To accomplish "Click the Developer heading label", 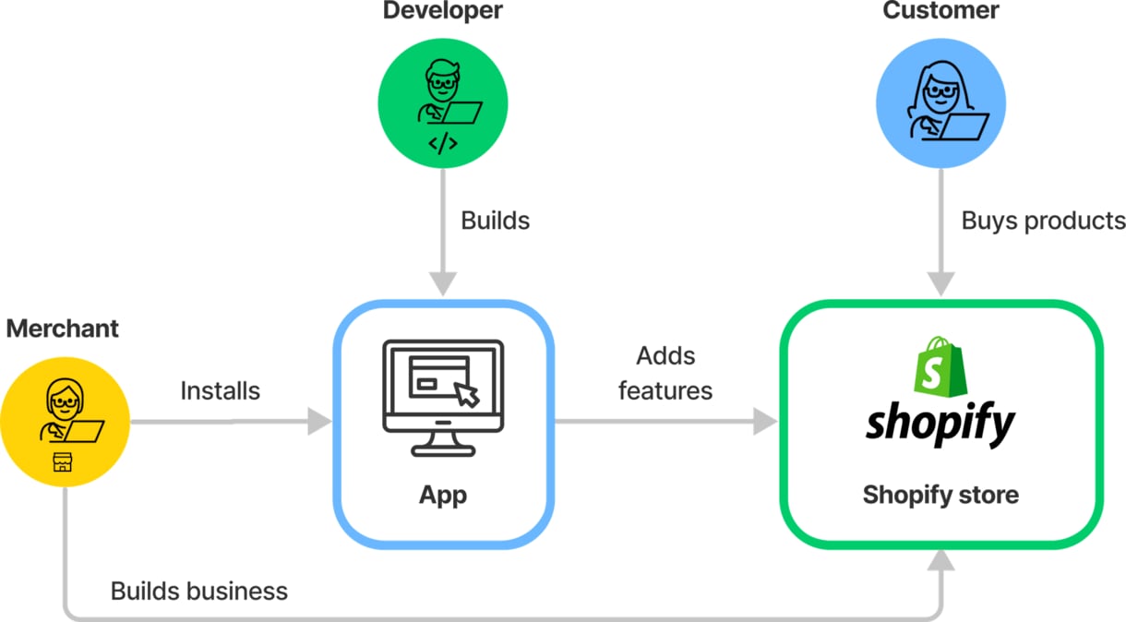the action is pos(442,10).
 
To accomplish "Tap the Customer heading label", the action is pos(940,10).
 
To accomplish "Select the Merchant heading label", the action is pos(63,329).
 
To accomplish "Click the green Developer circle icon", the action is pos(442,103).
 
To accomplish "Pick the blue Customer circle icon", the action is pos(940,103).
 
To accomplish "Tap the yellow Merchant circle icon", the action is pos(65,422).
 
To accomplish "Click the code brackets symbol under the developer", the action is pos(443,144).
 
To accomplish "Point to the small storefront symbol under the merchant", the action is pos(63,462).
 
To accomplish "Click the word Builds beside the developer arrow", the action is pos(495,221).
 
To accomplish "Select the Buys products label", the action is pos(1043,221).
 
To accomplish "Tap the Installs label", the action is pos(221,391).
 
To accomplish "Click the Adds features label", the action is pos(665,374).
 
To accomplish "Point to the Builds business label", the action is pos(199,592).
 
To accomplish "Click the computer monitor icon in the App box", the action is pos(443,398).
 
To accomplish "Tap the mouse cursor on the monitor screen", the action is pos(467,395).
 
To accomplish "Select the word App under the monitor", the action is pos(443,496).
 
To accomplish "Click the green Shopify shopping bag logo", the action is pos(940,366).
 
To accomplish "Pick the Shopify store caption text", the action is pos(940,495).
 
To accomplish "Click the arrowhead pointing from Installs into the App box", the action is pos(319,422).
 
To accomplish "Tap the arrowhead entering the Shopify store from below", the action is pos(940,559).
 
